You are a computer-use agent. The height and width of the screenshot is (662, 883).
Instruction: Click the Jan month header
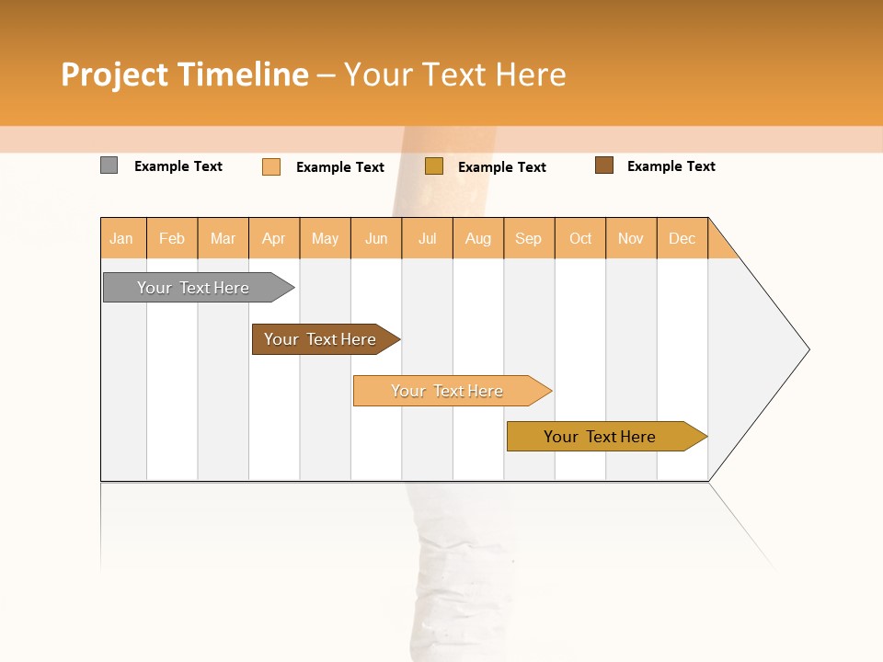[x=122, y=238]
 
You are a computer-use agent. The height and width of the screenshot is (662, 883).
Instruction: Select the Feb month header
[x=172, y=238]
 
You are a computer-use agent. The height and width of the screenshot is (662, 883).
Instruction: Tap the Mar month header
[x=223, y=238]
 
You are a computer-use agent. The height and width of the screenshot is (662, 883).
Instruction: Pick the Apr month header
[x=274, y=238]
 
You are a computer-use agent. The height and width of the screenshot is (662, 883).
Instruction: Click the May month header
[x=325, y=238]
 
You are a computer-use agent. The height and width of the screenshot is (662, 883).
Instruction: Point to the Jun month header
[x=376, y=238]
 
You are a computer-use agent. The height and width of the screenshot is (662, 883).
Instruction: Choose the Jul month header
[x=427, y=238]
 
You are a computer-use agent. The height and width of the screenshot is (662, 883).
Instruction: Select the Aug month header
[x=478, y=238]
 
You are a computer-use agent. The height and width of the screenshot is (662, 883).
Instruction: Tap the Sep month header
[x=529, y=238]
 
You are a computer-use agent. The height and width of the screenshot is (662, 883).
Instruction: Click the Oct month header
[x=580, y=238]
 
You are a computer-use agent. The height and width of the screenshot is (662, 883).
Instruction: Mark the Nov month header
[x=631, y=238]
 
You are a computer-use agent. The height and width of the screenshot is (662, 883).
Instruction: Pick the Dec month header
[x=682, y=238]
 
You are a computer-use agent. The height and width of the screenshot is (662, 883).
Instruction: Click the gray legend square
[x=109, y=165]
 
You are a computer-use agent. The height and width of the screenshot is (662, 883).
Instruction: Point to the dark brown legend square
[x=604, y=165]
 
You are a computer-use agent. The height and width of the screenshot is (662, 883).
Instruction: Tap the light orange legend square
[x=271, y=166]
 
